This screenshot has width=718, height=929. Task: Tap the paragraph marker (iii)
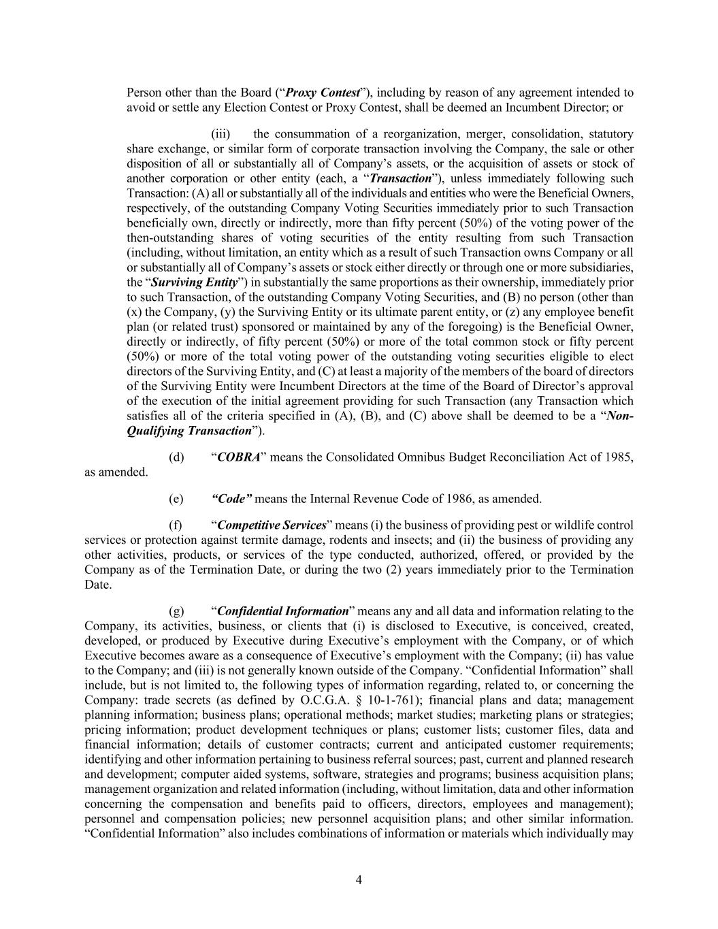[x=221, y=134]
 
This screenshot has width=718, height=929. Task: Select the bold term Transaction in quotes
[x=399, y=179]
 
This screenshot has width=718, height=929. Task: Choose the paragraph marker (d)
[x=176, y=457]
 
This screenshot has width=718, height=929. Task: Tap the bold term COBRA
[x=238, y=457]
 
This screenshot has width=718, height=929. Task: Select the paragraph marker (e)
[x=176, y=499]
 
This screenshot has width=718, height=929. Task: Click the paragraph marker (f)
[x=176, y=525]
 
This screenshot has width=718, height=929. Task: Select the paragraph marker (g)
[x=176, y=611]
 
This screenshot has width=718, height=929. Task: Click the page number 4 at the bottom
[x=359, y=881]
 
